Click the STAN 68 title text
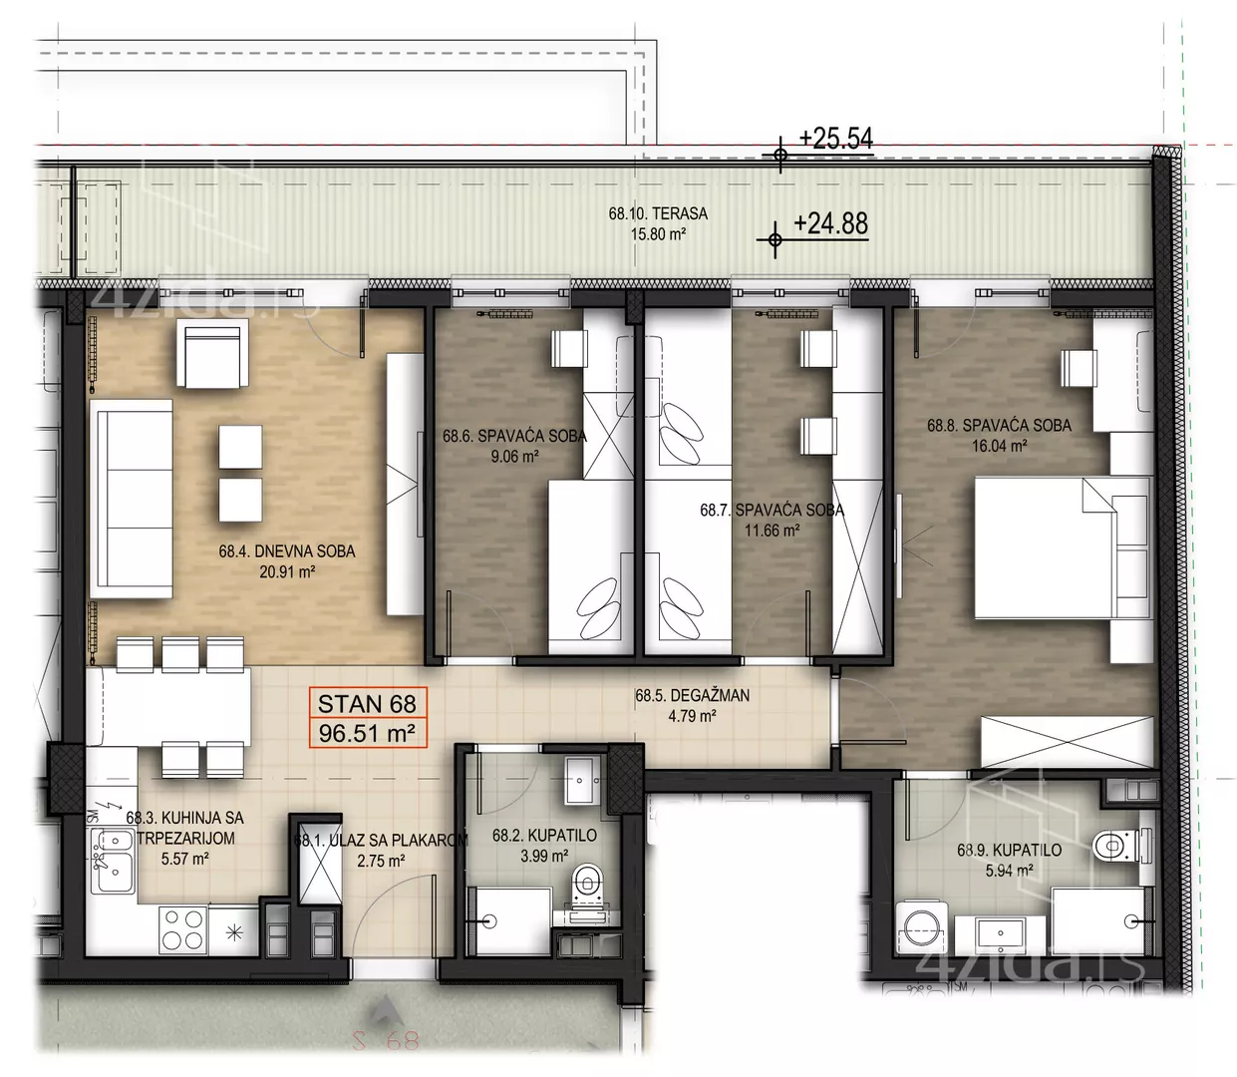click(367, 704)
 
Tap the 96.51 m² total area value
click(367, 734)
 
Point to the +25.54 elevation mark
click(835, 139)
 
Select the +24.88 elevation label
click(830, 223)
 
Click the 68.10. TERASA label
click(658, 213)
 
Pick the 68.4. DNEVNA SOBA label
click(287, 550)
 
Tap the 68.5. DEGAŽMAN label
click(692, 695)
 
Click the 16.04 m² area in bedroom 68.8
click(1000, 446)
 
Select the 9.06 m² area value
click(514, 456)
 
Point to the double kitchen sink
click(113, 861)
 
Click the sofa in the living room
click(132, 499)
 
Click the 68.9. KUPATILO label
click(1009, 850)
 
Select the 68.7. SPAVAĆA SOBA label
click(773, 510)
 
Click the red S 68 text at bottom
click(386, 1041)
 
